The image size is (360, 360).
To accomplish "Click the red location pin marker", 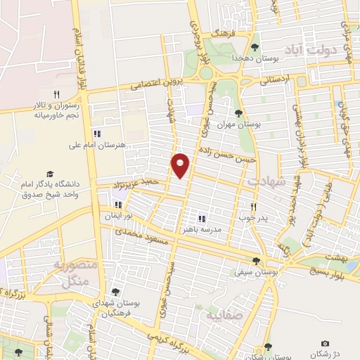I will click(x=181, y=165).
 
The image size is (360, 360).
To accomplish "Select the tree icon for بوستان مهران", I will click(x=238, y=112).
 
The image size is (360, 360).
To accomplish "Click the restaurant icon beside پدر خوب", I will click(x=255, y=206).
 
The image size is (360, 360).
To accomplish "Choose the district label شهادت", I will click(x=264, y=181).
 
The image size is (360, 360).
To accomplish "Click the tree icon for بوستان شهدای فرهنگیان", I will click(x=115, y=292).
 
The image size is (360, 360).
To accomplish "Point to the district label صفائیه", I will click(x=223, y=316).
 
